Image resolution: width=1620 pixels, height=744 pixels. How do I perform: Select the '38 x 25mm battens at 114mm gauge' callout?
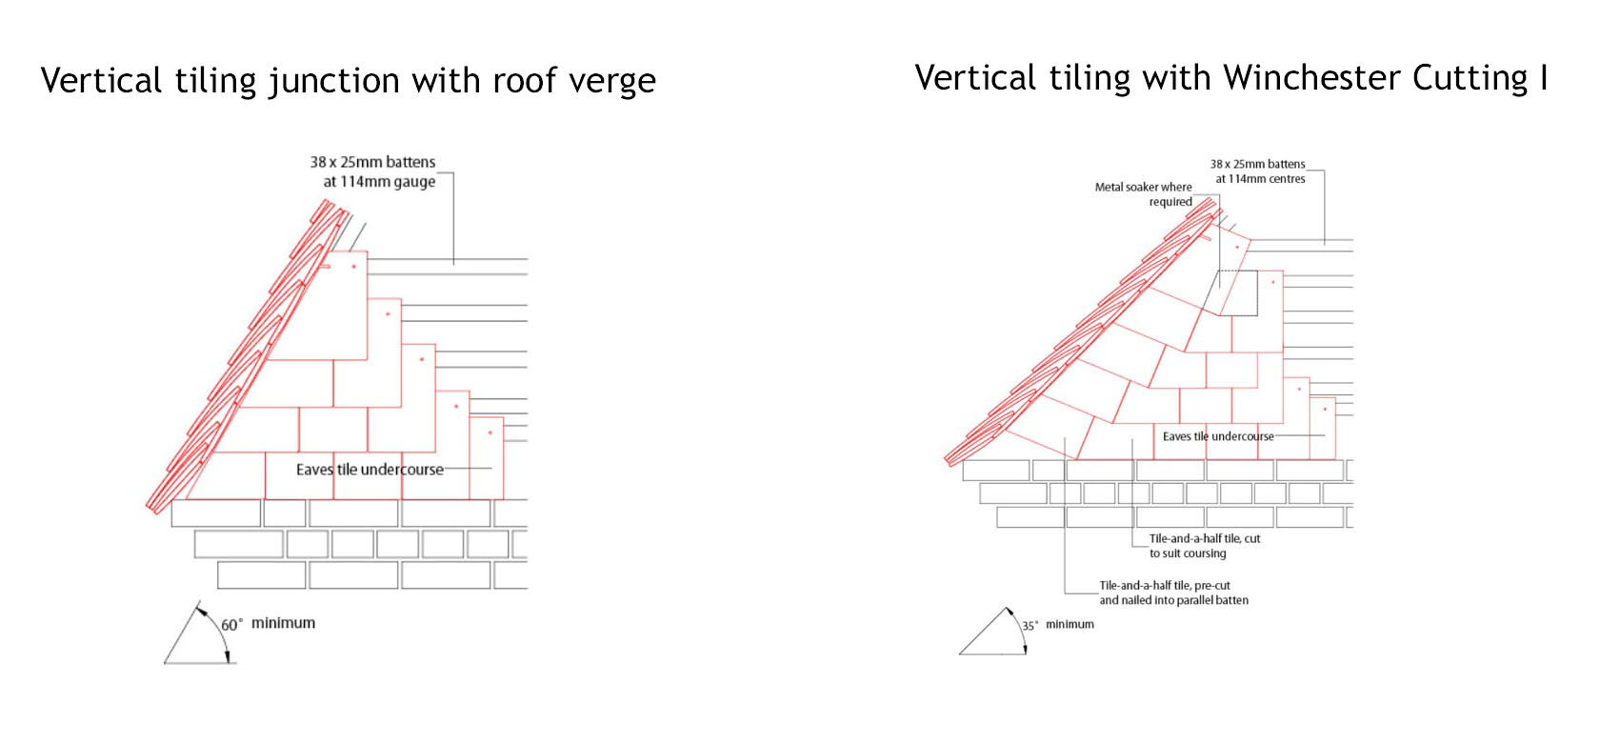pyautogui.click(x=372, y=171)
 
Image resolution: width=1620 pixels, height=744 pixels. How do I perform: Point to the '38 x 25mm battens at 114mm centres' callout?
pyautogui.click(x=1258, y=171)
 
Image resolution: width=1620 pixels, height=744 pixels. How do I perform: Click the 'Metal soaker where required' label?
pyautogui.click(x=1144, y=194)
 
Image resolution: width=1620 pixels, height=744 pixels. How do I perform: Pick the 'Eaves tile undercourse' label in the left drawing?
pyautogui.click(x=370, y=470)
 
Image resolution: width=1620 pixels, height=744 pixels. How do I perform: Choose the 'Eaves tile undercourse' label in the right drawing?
pyautogui.click(x=1218, y=436)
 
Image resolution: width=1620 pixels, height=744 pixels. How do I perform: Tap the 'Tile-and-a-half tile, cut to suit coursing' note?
pyautogui.click(x=1205, y=546)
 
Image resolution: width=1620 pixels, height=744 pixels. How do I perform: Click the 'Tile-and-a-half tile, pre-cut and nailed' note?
pyautogui.click(x=1173, y=593)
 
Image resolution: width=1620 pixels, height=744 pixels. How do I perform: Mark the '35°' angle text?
pyautogui.click(x=1030, y=625)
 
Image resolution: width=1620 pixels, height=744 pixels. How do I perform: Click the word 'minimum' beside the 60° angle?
pyautogui.click(x=284, y=623)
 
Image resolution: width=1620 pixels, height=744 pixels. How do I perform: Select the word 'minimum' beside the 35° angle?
pyautogui.click(x=1070, y=624)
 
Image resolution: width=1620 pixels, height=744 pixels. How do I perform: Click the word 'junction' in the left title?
pyautogui.click(x=334, y=81)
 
